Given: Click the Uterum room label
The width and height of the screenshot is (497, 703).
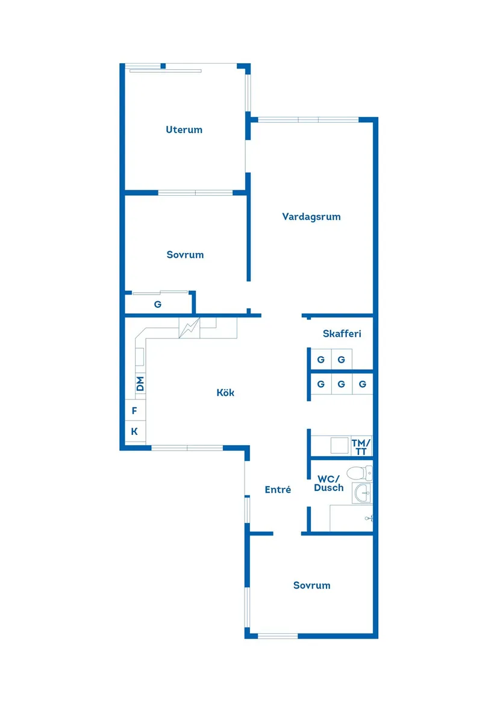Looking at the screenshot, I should point(184,130).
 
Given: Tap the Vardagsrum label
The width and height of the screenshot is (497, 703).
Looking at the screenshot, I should point(311,217).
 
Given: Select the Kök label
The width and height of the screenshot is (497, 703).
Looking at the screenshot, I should point(225,393).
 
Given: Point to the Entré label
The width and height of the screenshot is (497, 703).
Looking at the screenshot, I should point(278,490).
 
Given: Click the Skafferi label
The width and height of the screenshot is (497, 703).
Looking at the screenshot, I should point(342,334).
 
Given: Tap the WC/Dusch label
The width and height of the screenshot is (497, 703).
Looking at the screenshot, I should point(329,484).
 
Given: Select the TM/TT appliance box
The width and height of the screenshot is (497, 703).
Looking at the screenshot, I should point(361,447).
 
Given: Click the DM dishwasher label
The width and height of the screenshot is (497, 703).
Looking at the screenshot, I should point(140,384).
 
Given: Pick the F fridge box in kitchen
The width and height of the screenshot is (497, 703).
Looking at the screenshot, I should point(134,411).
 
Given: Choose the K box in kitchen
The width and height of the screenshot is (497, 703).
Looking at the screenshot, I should point(134,431).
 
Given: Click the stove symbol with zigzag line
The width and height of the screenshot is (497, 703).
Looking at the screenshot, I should point(189,328).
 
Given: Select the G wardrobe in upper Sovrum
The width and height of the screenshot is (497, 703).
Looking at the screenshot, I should point(158,304).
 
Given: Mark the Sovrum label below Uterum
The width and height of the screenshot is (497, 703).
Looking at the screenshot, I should point(185,255).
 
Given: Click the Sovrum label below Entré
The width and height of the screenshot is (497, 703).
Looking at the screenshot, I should point(311,586).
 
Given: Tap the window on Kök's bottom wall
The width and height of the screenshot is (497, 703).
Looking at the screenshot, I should point(187,448).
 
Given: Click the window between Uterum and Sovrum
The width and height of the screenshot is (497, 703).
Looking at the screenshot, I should point(195,193).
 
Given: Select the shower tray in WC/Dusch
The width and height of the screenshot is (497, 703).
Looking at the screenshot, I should point(351,518).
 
